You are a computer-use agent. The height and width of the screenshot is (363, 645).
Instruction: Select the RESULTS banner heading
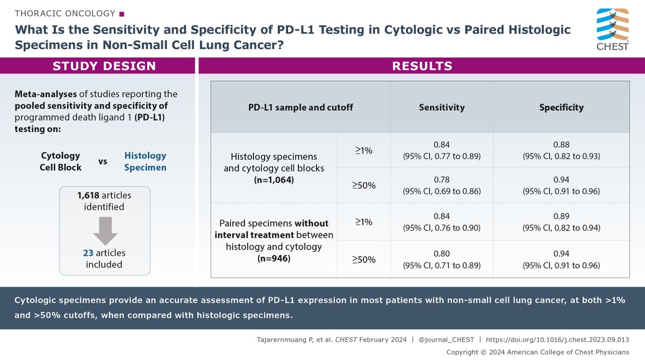tap(422, 66)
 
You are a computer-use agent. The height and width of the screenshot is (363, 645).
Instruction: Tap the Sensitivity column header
tap(441, 107)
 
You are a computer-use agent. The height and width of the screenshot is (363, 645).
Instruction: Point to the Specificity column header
tap(561, 107)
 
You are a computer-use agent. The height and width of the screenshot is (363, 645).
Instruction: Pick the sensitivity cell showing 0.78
tap(441, 185)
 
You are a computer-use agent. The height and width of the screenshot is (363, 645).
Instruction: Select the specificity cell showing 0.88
tap(561, 150)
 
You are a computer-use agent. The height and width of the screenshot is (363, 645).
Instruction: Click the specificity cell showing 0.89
tap(561, 222)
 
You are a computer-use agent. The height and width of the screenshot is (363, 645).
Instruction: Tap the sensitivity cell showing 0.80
tap(441, 259)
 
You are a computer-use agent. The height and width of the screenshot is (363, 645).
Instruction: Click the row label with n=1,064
tap(274, 167)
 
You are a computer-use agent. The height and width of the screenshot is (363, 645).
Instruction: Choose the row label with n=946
tap(274, 240)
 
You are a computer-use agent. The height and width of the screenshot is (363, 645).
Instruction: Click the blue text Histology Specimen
tap(145, 161)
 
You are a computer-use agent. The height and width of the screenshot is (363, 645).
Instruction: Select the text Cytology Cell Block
tap(61, 161)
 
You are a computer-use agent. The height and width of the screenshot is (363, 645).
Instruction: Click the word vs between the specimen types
tap(103, 161)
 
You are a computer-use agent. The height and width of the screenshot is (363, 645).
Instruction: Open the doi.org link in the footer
tap(557, 340)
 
